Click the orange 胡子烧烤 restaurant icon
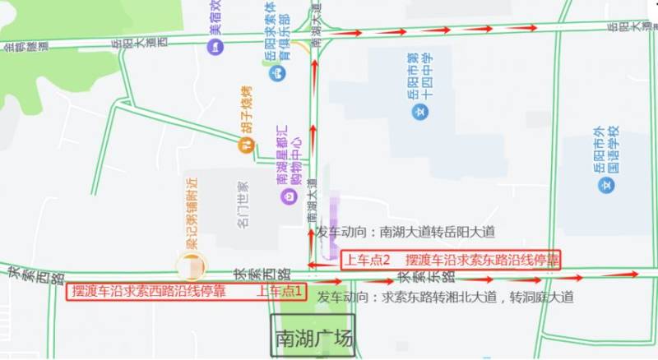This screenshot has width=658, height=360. pyautogui.click(x=245, y=145)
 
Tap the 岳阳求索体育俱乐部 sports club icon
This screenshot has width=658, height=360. pyautogui.click(x=280, y=72)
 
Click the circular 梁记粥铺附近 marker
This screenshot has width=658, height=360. pyautogui.click(x=192, y=265)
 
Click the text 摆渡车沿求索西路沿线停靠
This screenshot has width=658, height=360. pyautogui.click(x=149, y=292)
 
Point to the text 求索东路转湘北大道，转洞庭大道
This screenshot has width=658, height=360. pyautogui.click(x=478, y=297)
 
